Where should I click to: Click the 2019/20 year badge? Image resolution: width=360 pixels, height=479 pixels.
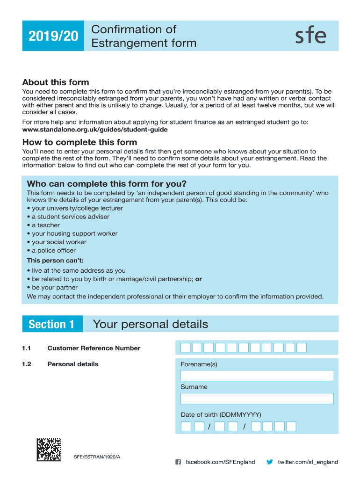coord(52,36)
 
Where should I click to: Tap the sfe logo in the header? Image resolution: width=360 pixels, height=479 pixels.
coord(310,36)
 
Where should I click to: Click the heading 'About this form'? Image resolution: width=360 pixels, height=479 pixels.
coord(56,82)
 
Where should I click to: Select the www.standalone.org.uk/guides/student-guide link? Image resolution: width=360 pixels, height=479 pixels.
coord(95,130)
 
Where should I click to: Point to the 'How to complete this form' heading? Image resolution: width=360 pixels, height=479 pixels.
coord(79,142)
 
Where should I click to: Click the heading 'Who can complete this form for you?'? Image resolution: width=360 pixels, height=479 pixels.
coord(107,183)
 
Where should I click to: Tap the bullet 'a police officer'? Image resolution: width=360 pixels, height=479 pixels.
coord(53,250)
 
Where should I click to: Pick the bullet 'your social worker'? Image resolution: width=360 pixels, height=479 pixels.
coord(59,242)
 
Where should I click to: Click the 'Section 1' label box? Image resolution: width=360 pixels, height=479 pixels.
coord(52,324)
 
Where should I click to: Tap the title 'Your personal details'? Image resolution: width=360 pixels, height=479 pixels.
coord(151,324)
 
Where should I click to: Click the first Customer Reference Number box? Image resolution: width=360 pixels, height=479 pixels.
coord(186,348)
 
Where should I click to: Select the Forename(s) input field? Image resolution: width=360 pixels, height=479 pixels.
coord(257,376)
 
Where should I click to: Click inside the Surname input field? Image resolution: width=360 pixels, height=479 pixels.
coord(257,399)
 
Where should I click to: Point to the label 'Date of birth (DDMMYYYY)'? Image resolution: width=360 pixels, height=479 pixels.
coord(221,414)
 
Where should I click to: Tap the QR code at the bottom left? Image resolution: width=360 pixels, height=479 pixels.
coord(49,449)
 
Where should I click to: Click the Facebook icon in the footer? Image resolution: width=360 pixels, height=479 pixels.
coord(178,462)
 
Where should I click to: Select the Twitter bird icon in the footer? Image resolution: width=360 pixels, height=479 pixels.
coord(270,462)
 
